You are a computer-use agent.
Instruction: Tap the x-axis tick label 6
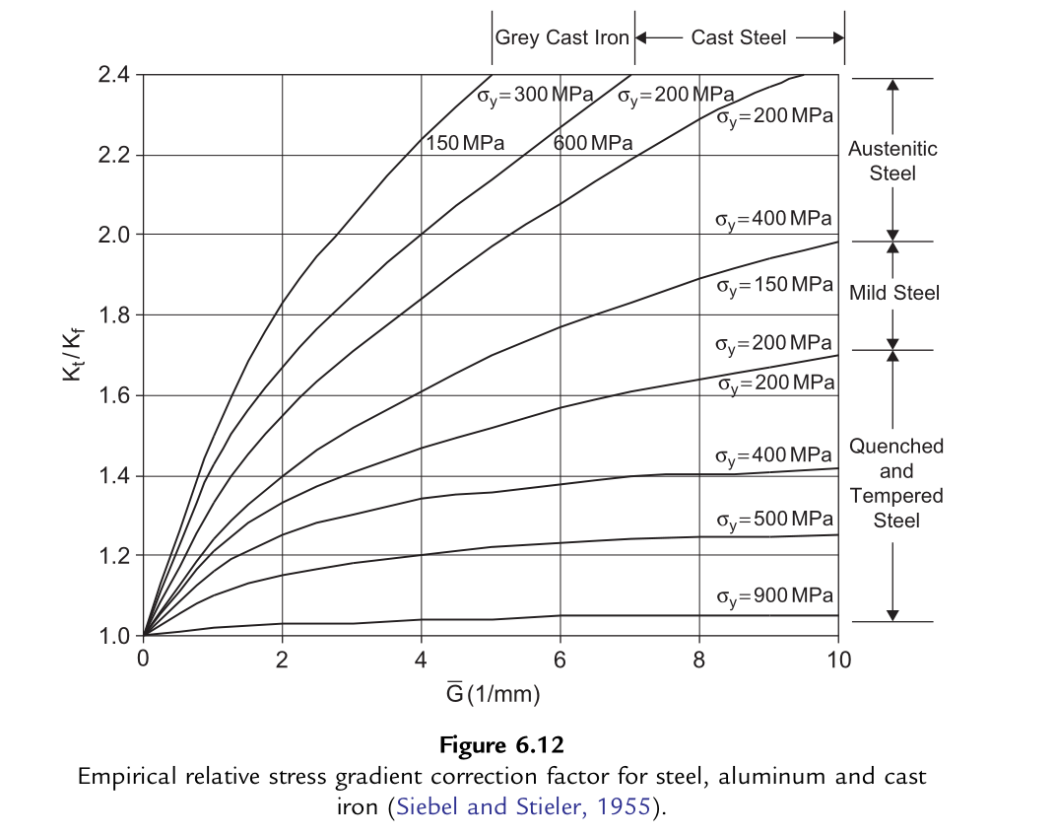tap(561, 659)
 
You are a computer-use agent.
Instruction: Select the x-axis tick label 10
tap(837, 659)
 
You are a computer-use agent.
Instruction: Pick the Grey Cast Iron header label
tap(561, 37)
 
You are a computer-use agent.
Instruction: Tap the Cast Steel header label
tap(739, 37)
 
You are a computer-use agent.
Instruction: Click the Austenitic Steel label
tap(892, 161)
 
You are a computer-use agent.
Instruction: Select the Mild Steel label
tap(894, 293)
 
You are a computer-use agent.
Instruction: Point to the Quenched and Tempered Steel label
tap(896, 483)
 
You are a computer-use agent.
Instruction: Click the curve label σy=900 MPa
tap(774, 596)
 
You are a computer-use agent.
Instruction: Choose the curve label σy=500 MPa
tap(774, 520)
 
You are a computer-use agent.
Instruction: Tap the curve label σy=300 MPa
tap(536, 96)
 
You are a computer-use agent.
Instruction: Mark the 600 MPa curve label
tap(593, 143)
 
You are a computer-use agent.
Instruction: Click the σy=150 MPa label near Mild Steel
tap(774, 285)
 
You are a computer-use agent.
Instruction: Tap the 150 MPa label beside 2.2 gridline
tap(465, 143)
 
